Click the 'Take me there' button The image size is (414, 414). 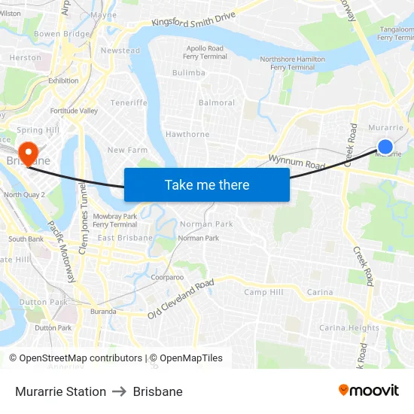pos(207,185)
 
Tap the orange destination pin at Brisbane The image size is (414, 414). pos(28,153)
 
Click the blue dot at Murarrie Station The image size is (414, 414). pos(385,147)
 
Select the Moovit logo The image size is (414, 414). pos(368,391)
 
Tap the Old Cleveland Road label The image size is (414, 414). pos(181,299)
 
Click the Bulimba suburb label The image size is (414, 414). pos(188,73)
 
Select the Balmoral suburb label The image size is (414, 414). pos(217,103)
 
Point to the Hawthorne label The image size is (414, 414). pos(187,135)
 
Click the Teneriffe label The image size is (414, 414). pos(129,102)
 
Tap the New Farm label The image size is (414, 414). pos(127,151)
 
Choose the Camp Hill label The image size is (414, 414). pos(263,292)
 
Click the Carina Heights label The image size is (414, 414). pos(349,328)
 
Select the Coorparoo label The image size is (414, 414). pos(167,277)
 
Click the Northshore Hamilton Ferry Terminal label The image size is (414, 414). pos(293,63)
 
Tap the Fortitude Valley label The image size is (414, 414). pos(74,111)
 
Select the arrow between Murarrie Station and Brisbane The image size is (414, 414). pos(120,391)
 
